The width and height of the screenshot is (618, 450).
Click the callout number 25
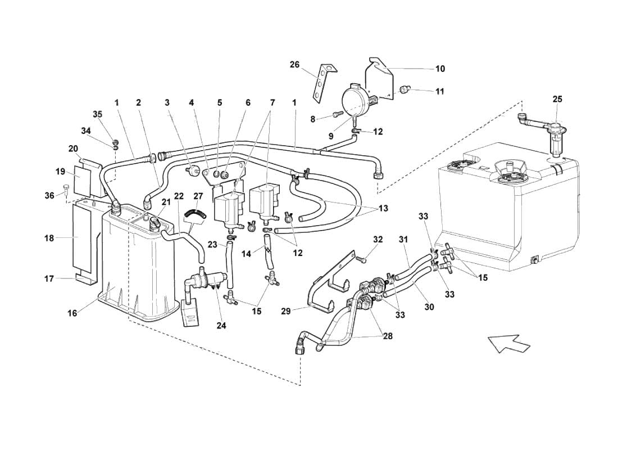(557, 99)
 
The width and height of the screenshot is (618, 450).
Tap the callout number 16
(72, 313)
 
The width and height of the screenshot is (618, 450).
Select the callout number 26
(295, 64)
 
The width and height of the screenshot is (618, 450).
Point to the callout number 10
(440, 69)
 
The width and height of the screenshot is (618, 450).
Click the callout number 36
(49, 195)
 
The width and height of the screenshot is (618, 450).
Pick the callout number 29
(286, 311)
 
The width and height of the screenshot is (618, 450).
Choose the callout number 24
(221, 326)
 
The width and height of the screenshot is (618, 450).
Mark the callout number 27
(198, 196)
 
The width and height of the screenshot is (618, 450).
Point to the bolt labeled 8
(336, 114)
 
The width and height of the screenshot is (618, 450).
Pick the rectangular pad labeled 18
(83, 238)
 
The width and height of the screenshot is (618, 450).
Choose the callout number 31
(403, 240)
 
